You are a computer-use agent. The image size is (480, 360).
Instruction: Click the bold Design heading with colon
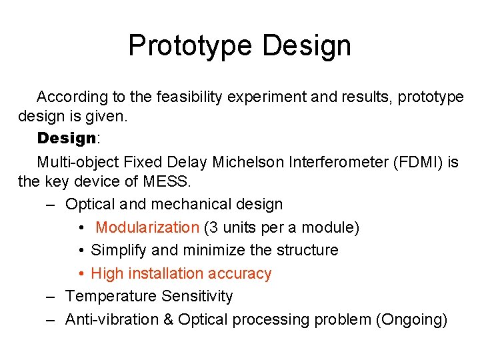68,139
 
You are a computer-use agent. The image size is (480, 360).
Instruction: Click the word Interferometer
321,162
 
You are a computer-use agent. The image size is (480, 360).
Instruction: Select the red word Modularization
147,227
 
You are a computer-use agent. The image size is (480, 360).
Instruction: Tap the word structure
305,251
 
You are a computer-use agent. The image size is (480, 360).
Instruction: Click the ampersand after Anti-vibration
167,320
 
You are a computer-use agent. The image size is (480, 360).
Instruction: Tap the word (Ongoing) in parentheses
411,320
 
